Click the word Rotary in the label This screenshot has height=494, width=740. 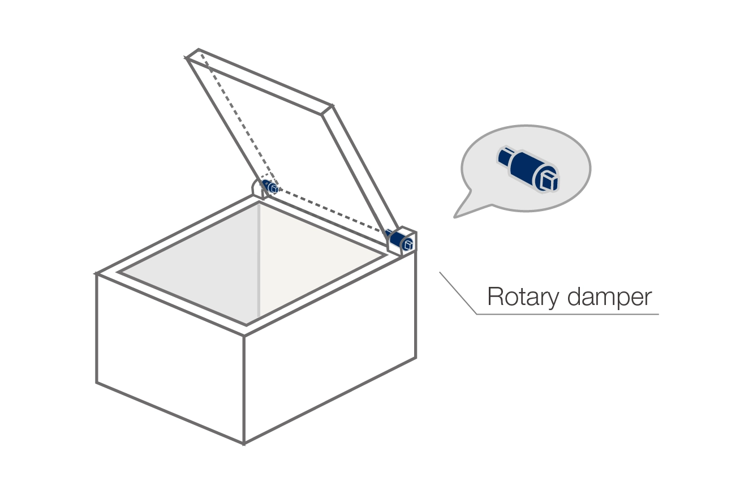pos(523,297)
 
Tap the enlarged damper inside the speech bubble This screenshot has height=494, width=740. pos(528,169)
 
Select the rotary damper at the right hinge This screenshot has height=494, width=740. pos(399,240)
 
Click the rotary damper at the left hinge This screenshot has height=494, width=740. pos(270,186)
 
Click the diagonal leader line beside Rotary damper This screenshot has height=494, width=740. pos(458,293)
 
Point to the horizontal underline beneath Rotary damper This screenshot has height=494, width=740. pos(567,314)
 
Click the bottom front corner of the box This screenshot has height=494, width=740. pos(244,444)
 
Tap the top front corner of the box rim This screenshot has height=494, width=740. pos(244,336)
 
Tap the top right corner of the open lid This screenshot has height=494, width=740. pos(332,106)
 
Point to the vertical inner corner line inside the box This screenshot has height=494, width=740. pos(259,260)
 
